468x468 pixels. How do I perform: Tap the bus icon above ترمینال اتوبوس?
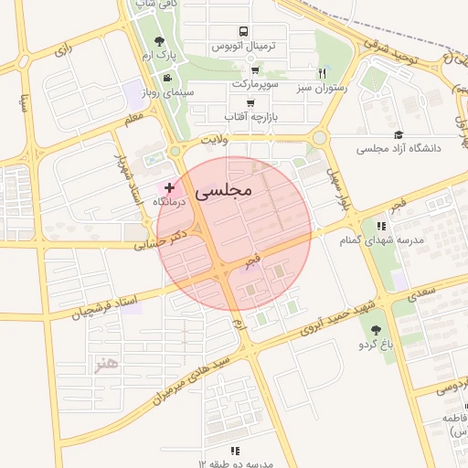241,31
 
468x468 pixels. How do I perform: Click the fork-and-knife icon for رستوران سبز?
322,73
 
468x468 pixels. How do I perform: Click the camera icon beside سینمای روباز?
167,77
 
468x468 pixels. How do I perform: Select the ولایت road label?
210,142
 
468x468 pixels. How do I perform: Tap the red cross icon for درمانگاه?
170,186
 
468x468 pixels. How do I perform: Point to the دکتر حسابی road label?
158,239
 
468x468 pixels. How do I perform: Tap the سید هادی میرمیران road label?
178,377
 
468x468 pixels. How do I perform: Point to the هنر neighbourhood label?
106,365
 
